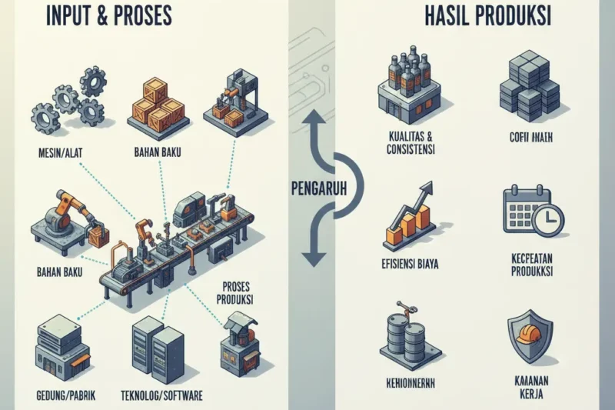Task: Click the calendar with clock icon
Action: tap(532, 209)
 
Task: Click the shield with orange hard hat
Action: tap(530, 335)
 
